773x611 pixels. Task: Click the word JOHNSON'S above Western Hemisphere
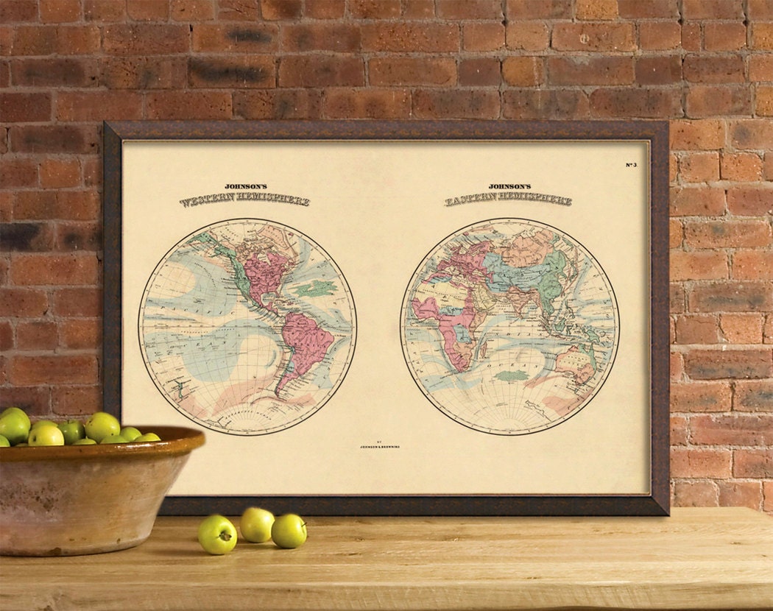click(245, 187)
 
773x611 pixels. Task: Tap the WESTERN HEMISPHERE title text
click(245, 200)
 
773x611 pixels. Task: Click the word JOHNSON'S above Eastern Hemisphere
click(509, 187)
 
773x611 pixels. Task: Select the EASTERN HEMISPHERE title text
click(509, 199)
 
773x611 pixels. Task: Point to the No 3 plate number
click(631, 164)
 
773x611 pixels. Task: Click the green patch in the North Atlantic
click(317, 288)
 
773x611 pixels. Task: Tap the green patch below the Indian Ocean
click(512, 375)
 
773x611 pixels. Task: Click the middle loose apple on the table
click(257, 524)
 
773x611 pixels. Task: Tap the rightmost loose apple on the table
click(289, 531)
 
